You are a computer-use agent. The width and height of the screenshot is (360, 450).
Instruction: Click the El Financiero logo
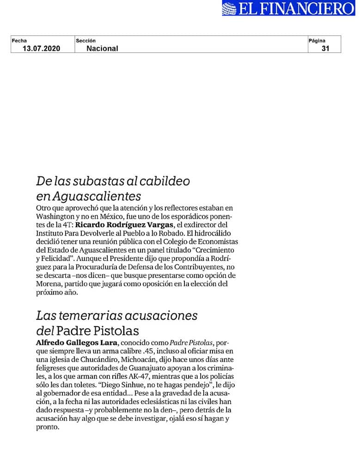[x=288, y=8]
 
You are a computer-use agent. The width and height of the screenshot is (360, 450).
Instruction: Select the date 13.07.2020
[x=42, y=48]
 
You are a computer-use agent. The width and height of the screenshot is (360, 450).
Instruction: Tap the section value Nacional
[x=102, y=48]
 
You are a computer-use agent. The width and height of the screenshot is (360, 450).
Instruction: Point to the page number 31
[x=325, y=48]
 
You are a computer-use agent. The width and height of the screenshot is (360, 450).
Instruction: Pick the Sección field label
[x=85, y=41]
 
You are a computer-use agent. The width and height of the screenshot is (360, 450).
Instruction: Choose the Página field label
[x=317, y=41]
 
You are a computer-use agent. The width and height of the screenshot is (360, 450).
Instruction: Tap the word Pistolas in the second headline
[x=115, y=331]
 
